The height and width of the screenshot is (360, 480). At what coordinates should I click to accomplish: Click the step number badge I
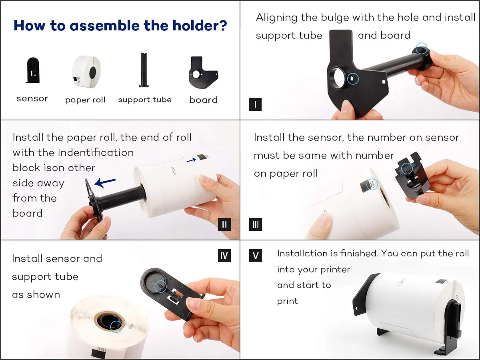255,104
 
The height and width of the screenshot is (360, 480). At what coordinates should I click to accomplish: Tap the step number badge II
224,224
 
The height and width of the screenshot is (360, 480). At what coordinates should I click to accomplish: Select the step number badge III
256,224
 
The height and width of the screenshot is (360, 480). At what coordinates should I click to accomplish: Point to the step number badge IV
224,255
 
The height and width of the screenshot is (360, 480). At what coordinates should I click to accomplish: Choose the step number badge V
256,255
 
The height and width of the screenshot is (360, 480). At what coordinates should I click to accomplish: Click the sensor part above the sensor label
33,70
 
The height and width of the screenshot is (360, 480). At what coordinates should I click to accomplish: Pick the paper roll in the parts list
86,72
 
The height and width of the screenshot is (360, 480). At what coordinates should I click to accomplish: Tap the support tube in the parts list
144,70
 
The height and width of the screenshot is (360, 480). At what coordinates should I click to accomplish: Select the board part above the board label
203,72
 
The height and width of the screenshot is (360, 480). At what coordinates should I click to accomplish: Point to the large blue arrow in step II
105,182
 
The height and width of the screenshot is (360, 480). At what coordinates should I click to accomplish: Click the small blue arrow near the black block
192,160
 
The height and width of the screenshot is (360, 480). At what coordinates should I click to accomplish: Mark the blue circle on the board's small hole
353,79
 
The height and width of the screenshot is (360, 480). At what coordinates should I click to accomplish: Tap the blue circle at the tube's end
421,48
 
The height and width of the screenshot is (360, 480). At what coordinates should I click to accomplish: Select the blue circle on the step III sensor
407,168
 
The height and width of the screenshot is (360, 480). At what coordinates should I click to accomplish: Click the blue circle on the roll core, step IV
116,327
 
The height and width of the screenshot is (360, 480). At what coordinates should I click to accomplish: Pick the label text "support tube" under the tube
145,100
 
